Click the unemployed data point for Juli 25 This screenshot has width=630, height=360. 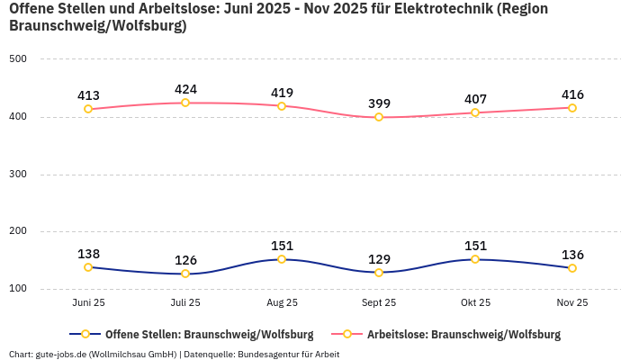tap(185, 103)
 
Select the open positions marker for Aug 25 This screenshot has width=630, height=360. tap(282, 259)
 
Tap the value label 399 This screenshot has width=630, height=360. tap(379, 103)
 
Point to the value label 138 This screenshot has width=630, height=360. tap(88, 254)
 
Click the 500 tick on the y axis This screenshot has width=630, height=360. tap(18, 59)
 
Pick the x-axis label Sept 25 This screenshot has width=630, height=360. tap(379, 303)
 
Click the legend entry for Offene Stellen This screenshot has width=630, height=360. tap(200, 334)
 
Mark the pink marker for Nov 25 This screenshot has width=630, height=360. tap(572, 108)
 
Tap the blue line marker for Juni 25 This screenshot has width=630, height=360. tap(88, 267)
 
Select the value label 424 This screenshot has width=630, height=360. tap(185, 89)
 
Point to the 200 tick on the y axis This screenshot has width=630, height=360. tap(18, 231)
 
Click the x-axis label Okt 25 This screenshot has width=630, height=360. tap(475, 303)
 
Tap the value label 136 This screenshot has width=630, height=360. tap(572, 255)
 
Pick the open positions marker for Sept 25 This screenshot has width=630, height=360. tap(379, 272)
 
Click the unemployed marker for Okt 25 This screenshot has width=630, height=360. tap(475, 112)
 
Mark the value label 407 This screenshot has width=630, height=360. tap(475, 99)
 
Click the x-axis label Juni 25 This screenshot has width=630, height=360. tap(88, 303)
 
